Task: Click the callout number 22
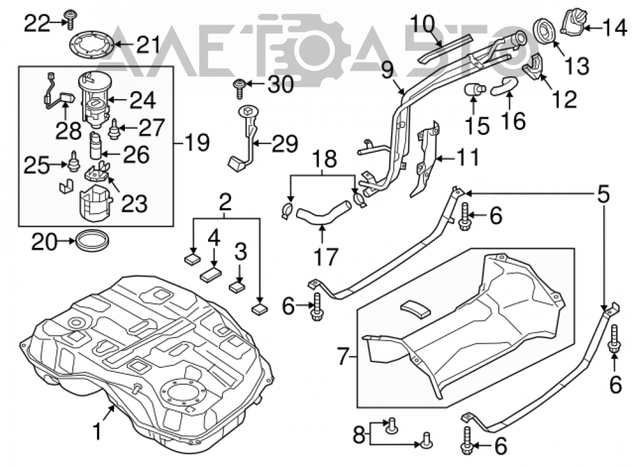[x=37, y=23]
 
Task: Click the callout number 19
[x=197, y=142]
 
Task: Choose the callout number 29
[x=285, y=143]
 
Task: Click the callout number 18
[x=325, y=159]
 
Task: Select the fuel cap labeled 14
[x=573, y=23]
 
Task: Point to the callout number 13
[x=576, y=66]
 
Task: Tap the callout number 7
[x=342, y=357]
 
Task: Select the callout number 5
[x=604, y=194]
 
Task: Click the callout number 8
[x=359, y=436]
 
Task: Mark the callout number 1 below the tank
[x=96, y=431]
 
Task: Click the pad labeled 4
[x=210, y=276]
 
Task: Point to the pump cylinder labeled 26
[x=96, y=146]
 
